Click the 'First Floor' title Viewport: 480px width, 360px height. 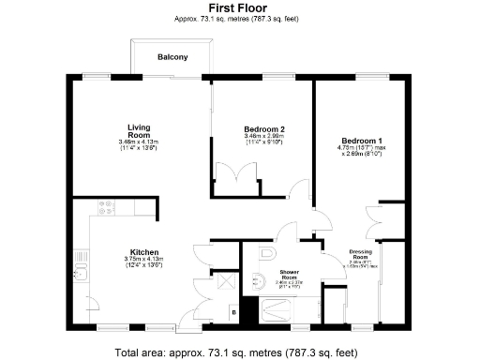click(239, 7)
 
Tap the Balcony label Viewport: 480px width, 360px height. click(172, 57)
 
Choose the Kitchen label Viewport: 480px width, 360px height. click(143, 252)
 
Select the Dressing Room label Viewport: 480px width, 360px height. click(361, 253)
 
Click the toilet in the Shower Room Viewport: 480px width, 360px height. click(266, 253)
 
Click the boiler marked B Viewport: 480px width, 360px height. click(232, 311)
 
